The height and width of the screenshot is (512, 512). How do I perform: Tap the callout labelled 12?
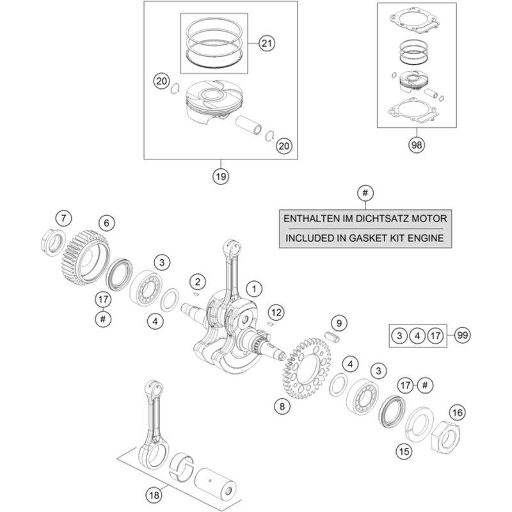(x=276, y=312)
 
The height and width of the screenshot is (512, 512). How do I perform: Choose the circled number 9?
(x=340, y=322)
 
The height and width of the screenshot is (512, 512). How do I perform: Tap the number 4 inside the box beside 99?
(x=417, y=335)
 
